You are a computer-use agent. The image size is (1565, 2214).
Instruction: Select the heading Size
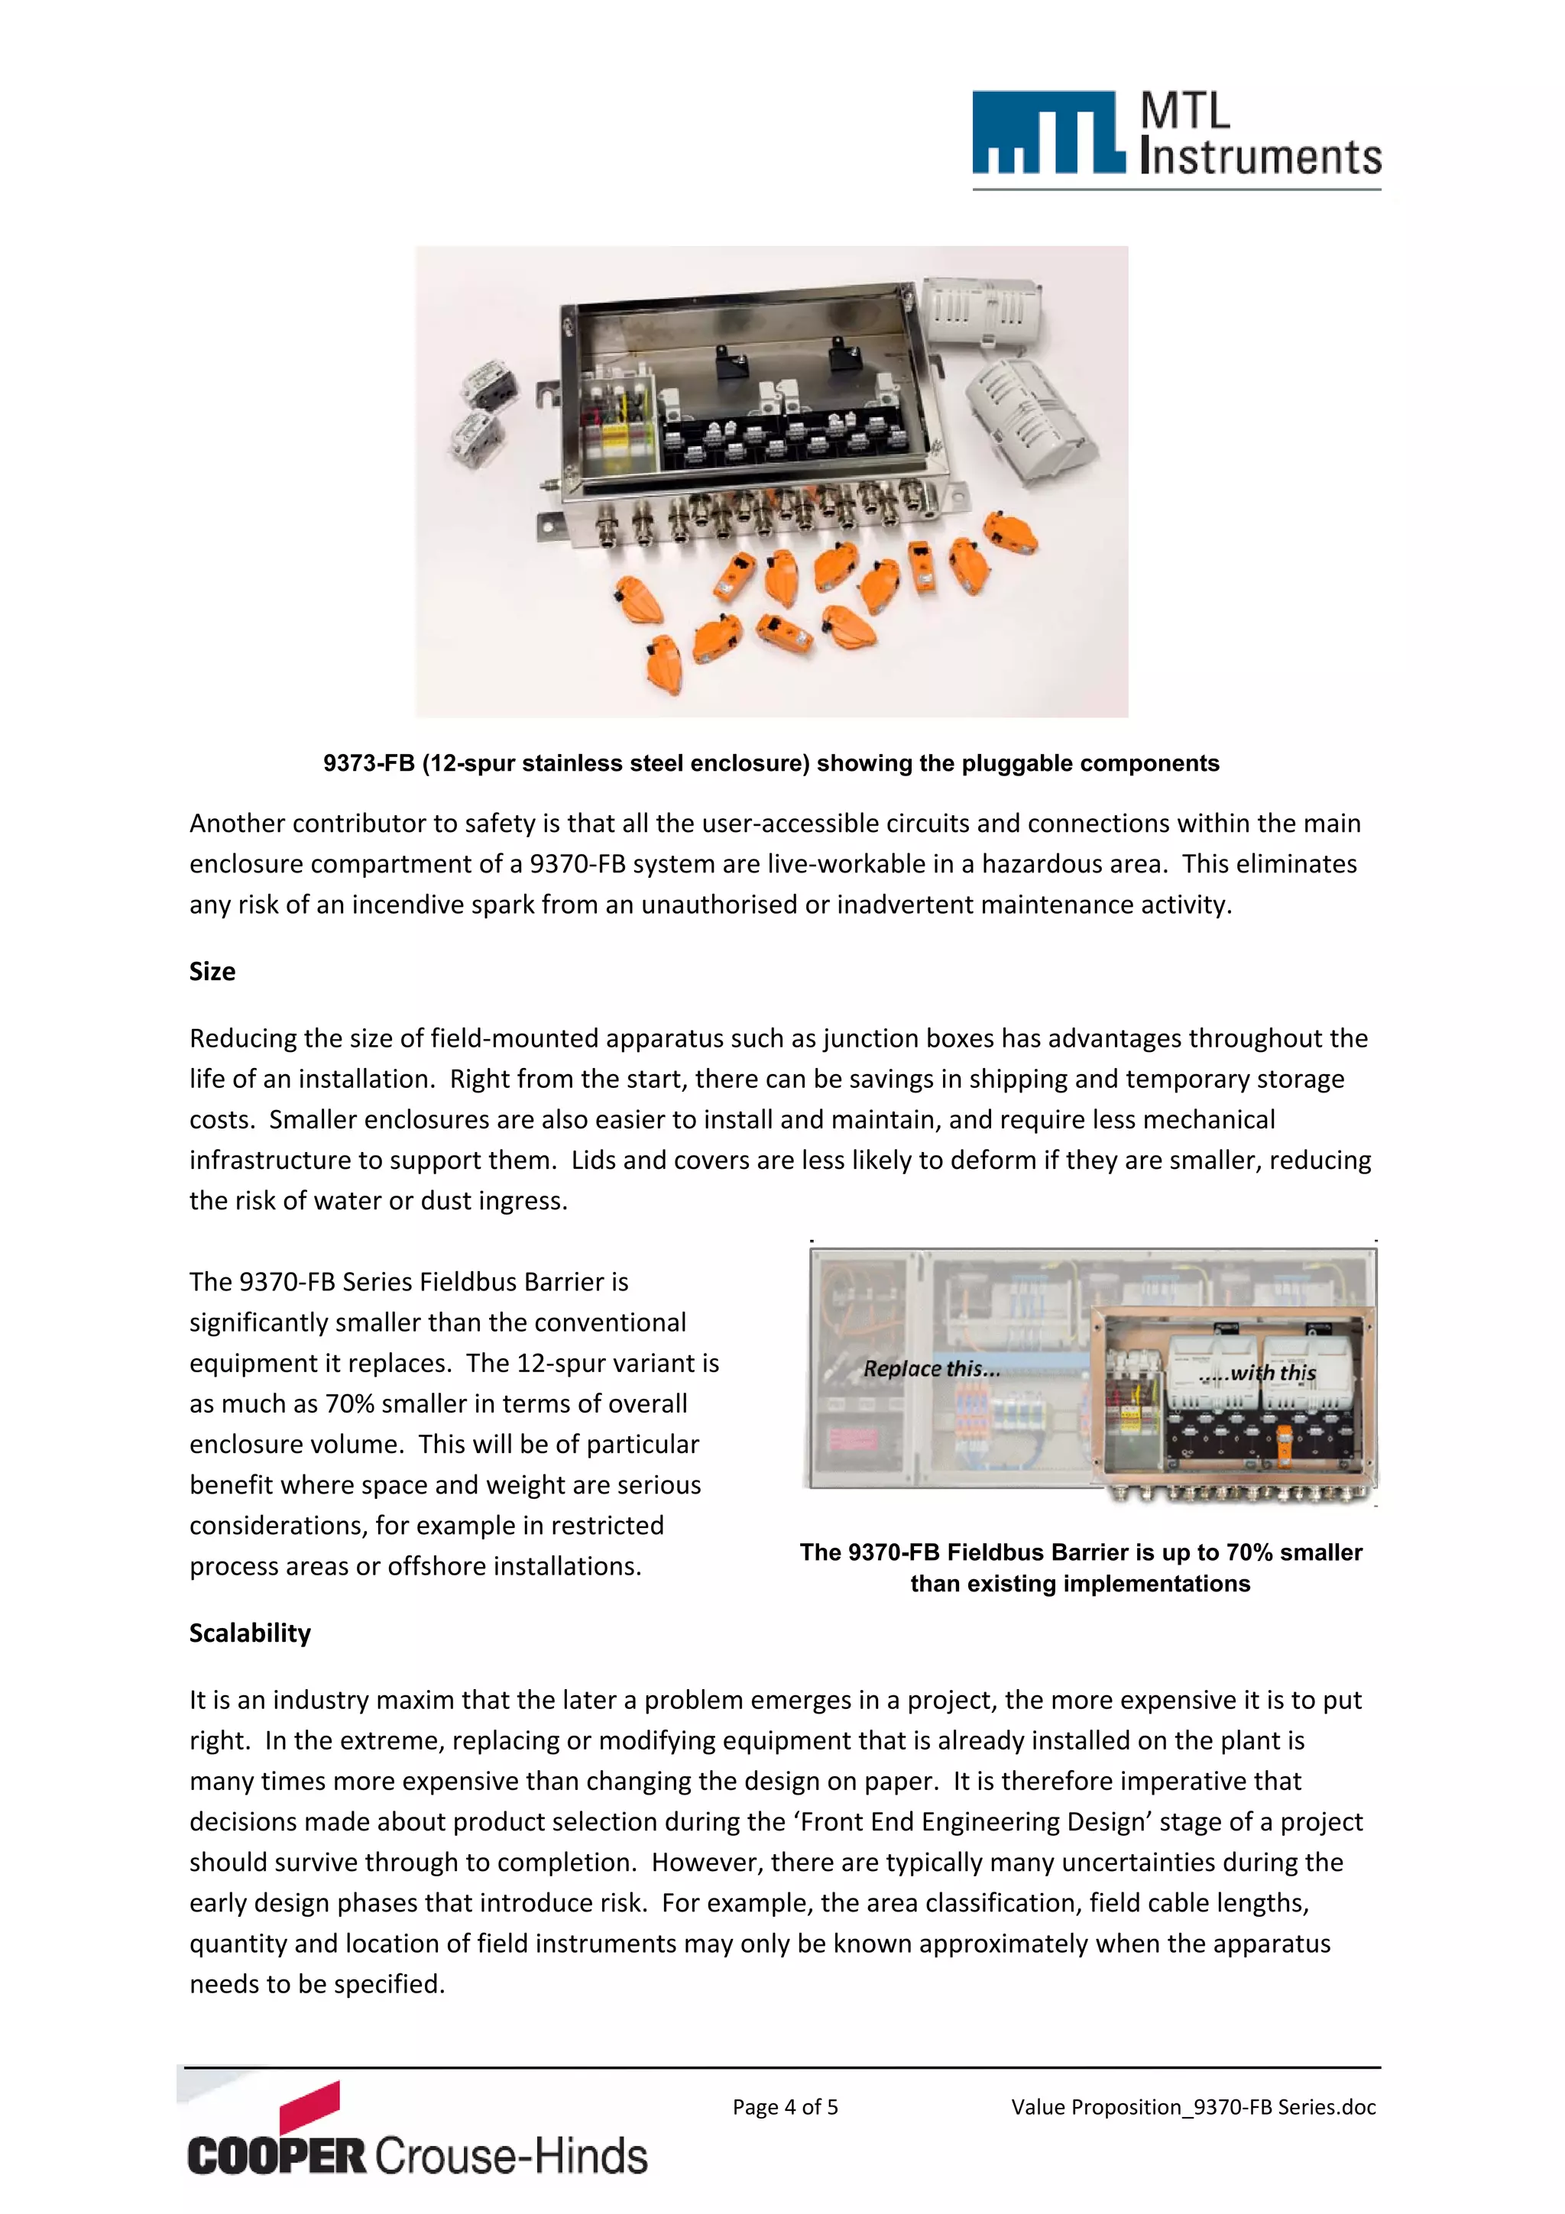[212, 971]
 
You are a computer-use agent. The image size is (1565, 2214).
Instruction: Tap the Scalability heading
[250, 1633]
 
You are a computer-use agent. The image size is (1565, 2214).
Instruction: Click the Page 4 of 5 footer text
[785, 2106]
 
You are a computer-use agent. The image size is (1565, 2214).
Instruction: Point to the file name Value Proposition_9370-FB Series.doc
[1193, 2106]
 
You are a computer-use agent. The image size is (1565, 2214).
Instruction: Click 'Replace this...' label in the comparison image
[931, 1368]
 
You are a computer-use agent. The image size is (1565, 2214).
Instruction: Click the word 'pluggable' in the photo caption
[1016, 764]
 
